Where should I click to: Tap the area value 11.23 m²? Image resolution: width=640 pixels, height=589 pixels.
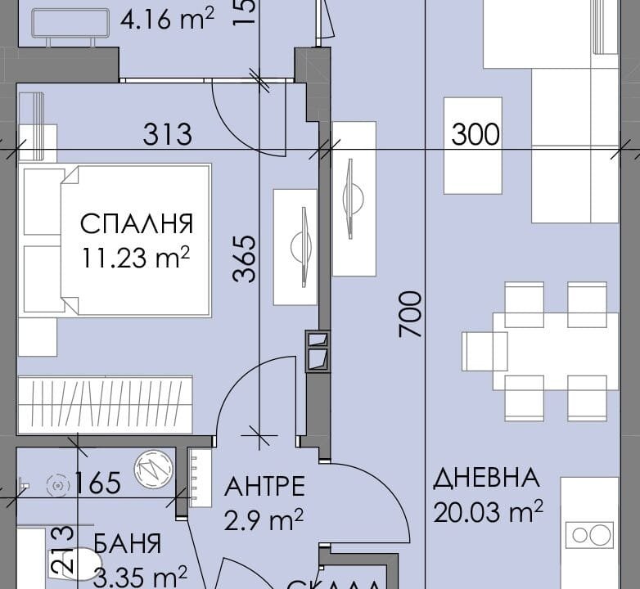pos(136,259)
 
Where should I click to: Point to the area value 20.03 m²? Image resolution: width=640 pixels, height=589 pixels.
pos(489,513)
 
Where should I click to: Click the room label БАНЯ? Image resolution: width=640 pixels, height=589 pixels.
pos(127,543)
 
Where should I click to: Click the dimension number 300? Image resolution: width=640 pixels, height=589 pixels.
pos(475,133)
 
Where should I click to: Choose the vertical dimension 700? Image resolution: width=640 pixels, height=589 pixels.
pos(411,314)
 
